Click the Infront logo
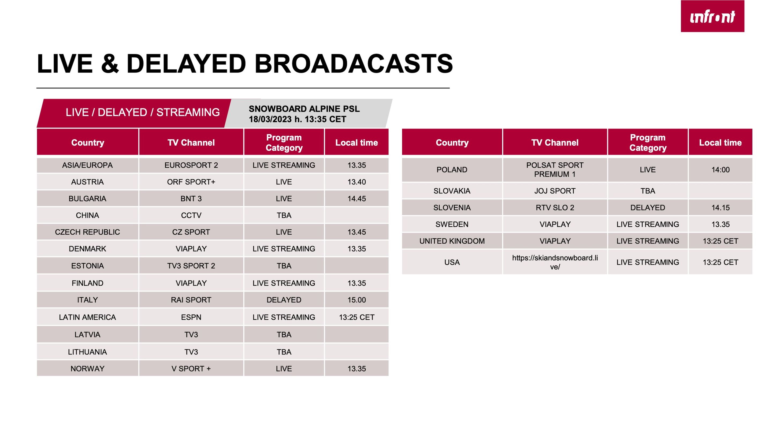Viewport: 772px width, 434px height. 712,16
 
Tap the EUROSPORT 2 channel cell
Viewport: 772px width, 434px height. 191,165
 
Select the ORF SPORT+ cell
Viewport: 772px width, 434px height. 191,182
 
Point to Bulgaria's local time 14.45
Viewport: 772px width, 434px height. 357,199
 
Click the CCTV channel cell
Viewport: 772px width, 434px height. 191,215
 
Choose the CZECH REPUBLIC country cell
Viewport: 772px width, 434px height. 87,232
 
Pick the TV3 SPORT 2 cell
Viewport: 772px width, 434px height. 191,266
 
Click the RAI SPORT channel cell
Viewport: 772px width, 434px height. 191,300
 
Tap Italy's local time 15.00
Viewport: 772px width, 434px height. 357,300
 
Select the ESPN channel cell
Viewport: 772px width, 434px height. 191,317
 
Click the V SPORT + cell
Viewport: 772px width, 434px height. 191,369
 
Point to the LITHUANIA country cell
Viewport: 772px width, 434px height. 87,352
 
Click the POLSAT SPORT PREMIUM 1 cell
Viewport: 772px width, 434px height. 555,170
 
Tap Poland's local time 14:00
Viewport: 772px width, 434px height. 721,170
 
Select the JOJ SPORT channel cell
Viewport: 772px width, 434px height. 555,191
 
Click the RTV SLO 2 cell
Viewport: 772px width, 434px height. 555,208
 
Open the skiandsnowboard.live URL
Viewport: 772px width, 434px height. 555,262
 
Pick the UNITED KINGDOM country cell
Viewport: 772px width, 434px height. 452,241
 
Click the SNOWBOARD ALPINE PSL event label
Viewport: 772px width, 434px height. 304,109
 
